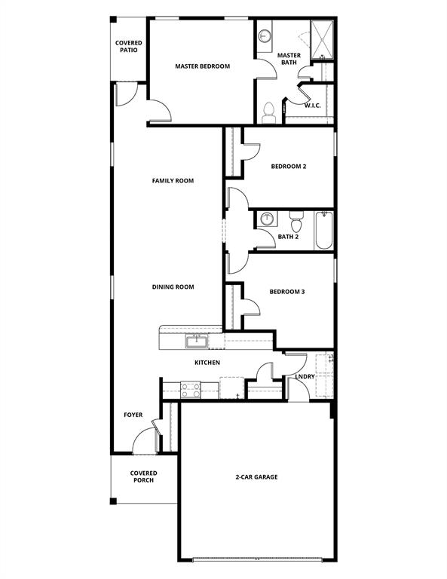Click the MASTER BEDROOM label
(202, 66)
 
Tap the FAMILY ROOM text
(173, 181)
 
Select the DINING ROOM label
(173, 286)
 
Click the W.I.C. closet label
(313, 106)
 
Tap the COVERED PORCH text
(143, 476)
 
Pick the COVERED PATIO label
(129, 47)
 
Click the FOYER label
(133, 415)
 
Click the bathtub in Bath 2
(323, 230)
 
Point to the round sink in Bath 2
(267, 219)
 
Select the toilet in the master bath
(268, 114)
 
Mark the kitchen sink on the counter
(197, 342)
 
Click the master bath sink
(265, 35)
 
